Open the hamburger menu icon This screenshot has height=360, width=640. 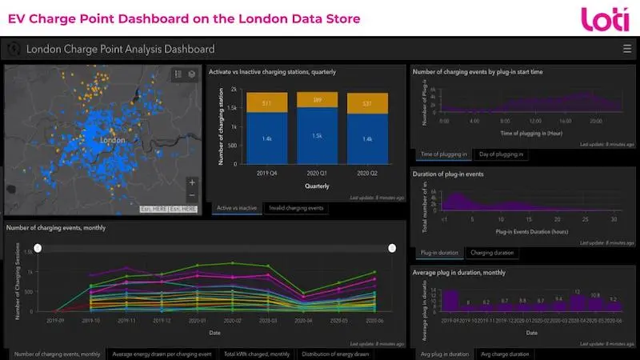tap(626, 49)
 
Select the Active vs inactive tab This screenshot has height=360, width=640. tap(236, 208)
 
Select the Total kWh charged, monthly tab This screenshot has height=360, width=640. tap(257, 354)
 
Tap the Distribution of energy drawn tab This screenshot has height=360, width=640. tap(335, 354)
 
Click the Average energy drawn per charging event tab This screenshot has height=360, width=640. tap(162, 354)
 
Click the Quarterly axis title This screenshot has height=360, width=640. tap(315, 186)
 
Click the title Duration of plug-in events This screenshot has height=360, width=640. tap(449, 174)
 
